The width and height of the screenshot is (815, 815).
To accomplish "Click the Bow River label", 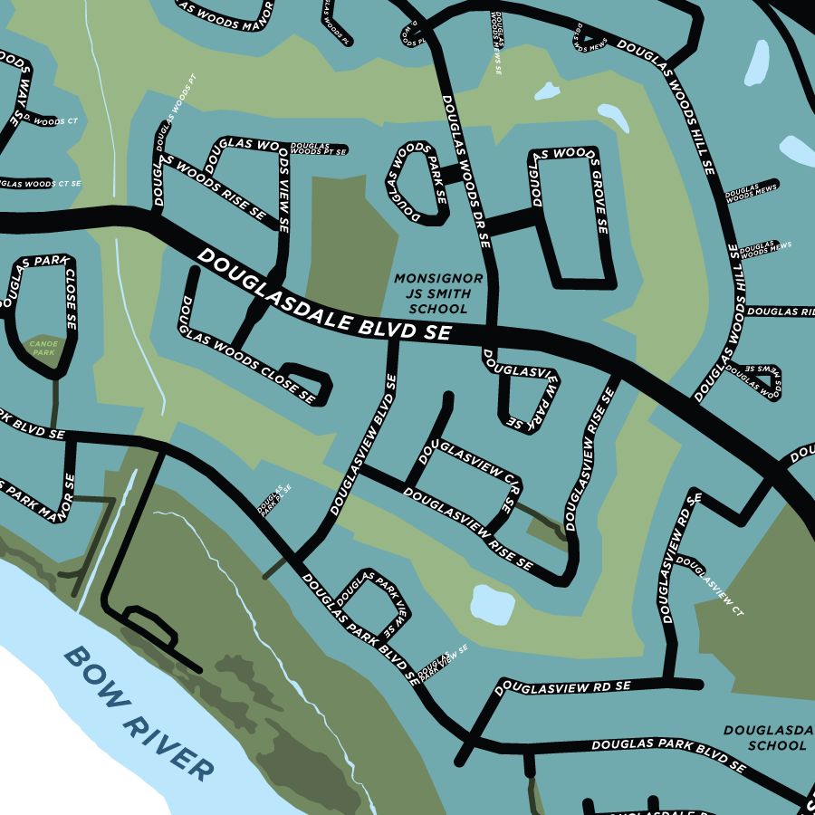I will tap(140, 714).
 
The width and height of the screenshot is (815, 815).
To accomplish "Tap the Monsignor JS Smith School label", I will tap(438, 293).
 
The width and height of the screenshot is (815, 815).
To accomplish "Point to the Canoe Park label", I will tap(43, 348).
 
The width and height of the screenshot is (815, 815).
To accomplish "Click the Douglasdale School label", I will tap(765, 737).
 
